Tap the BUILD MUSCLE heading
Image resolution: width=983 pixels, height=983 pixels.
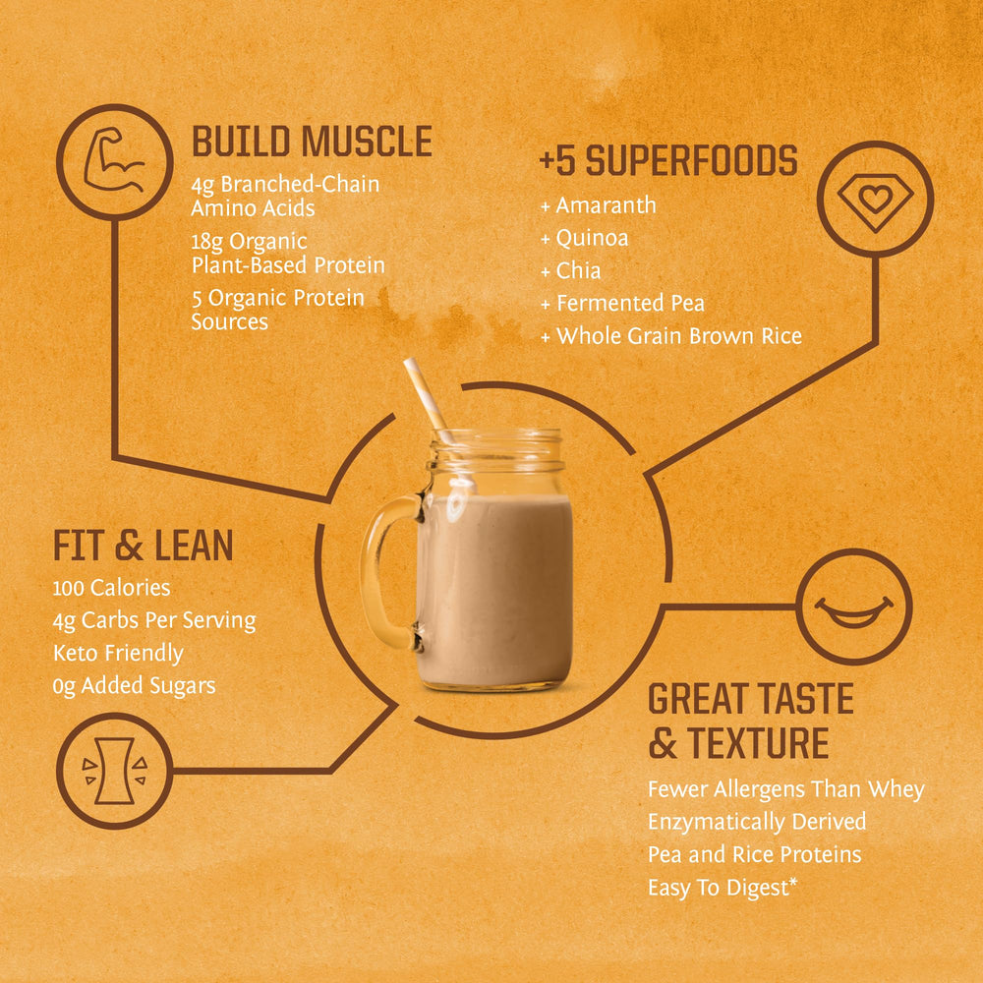pos(312,142)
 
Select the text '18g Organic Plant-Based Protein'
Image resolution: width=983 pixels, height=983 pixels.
pos(288,253)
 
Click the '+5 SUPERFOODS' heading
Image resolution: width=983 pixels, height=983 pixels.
pos(668,161)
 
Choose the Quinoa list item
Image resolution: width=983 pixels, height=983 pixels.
pos(592,238)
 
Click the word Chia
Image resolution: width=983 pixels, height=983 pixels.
pos(578,270)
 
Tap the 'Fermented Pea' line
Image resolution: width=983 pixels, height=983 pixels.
pos(629,303)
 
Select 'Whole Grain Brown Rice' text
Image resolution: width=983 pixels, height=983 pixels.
pos(678,336)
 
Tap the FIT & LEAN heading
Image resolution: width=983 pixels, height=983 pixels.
pos(144,546)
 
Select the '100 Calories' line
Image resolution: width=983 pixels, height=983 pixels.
pos(111,588)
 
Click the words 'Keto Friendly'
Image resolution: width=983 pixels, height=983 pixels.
pos(118,653)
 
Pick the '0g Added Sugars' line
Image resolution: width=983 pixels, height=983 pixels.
pos(134,685)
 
